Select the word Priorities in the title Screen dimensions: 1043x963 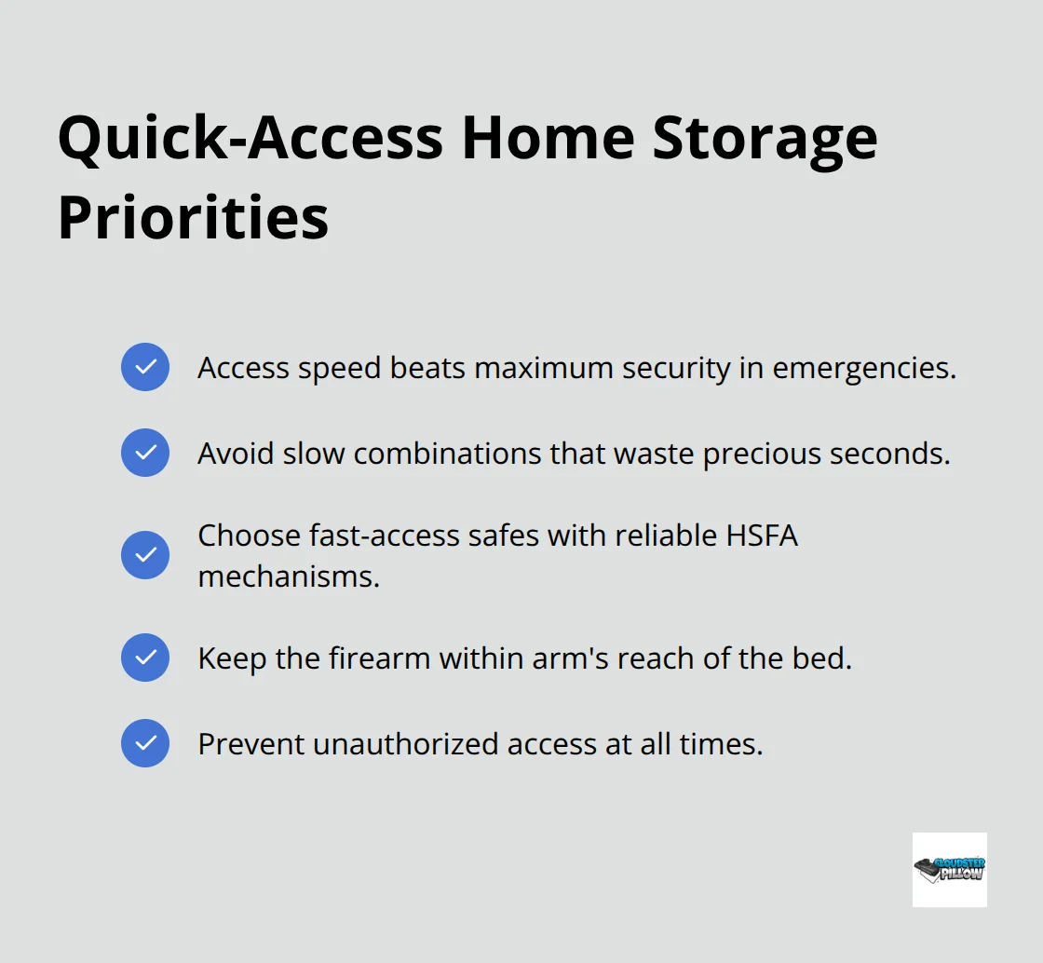click(x=193, y=218)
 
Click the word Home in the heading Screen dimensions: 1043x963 click(x=549, y=139)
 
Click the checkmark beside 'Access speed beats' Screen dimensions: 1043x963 click(x=145, y=367)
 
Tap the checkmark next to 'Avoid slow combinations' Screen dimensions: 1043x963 click(x=145, y=453)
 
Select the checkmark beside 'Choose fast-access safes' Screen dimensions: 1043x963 click(x=145, y=555)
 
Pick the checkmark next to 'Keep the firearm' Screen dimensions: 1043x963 click(x=145, y=658)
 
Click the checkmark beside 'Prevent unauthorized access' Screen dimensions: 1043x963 click(x=145, y=743)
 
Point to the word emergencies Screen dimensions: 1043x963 click(x=864, y=369)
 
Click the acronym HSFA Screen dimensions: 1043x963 click(x=762, y=536)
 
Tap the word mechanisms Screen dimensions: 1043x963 click(x=289, y=576)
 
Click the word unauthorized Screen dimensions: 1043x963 click(x=406, y=743)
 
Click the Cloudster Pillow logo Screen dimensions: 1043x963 click(x=949, y=869)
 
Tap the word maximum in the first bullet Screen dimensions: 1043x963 click(x=544, y=369)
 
